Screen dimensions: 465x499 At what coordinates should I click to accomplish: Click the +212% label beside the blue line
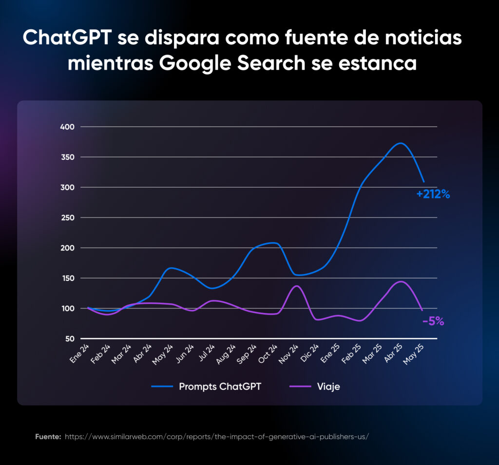[x=433, y=194]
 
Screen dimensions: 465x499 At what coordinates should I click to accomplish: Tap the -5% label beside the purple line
[x=433, y=321]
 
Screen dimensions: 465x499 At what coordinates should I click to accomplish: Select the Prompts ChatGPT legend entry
[x=220, y=387]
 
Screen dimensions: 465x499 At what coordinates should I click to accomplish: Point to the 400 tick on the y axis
[x=67, y=127]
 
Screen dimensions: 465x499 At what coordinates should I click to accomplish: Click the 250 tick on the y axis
[x=67, y=217]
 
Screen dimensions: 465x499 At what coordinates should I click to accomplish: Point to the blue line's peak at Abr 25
[x=400, y=143]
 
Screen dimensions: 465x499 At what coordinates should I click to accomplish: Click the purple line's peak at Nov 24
[x=297, y=286]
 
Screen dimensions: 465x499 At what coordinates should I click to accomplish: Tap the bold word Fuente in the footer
[x=48, y=436]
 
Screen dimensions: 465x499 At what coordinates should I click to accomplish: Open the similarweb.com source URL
[x=216, y=436]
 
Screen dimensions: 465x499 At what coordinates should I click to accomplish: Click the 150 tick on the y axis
[x=67, y=278]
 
